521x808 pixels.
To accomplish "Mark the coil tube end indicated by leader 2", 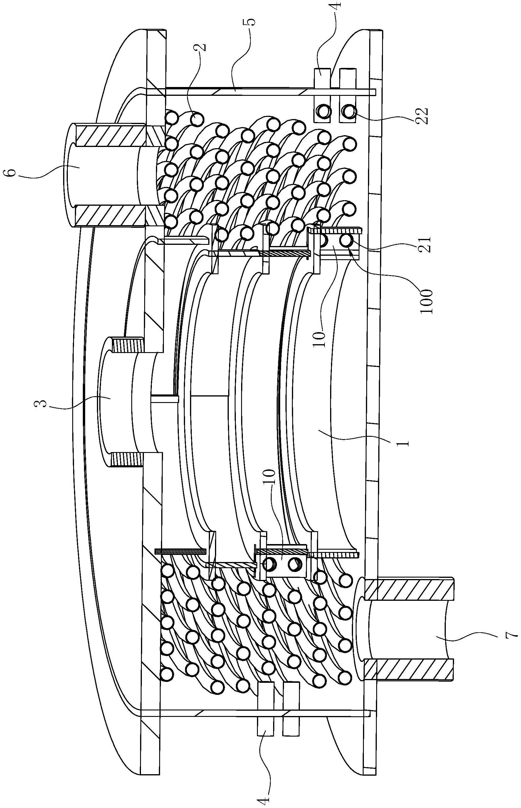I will pos(196,119).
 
